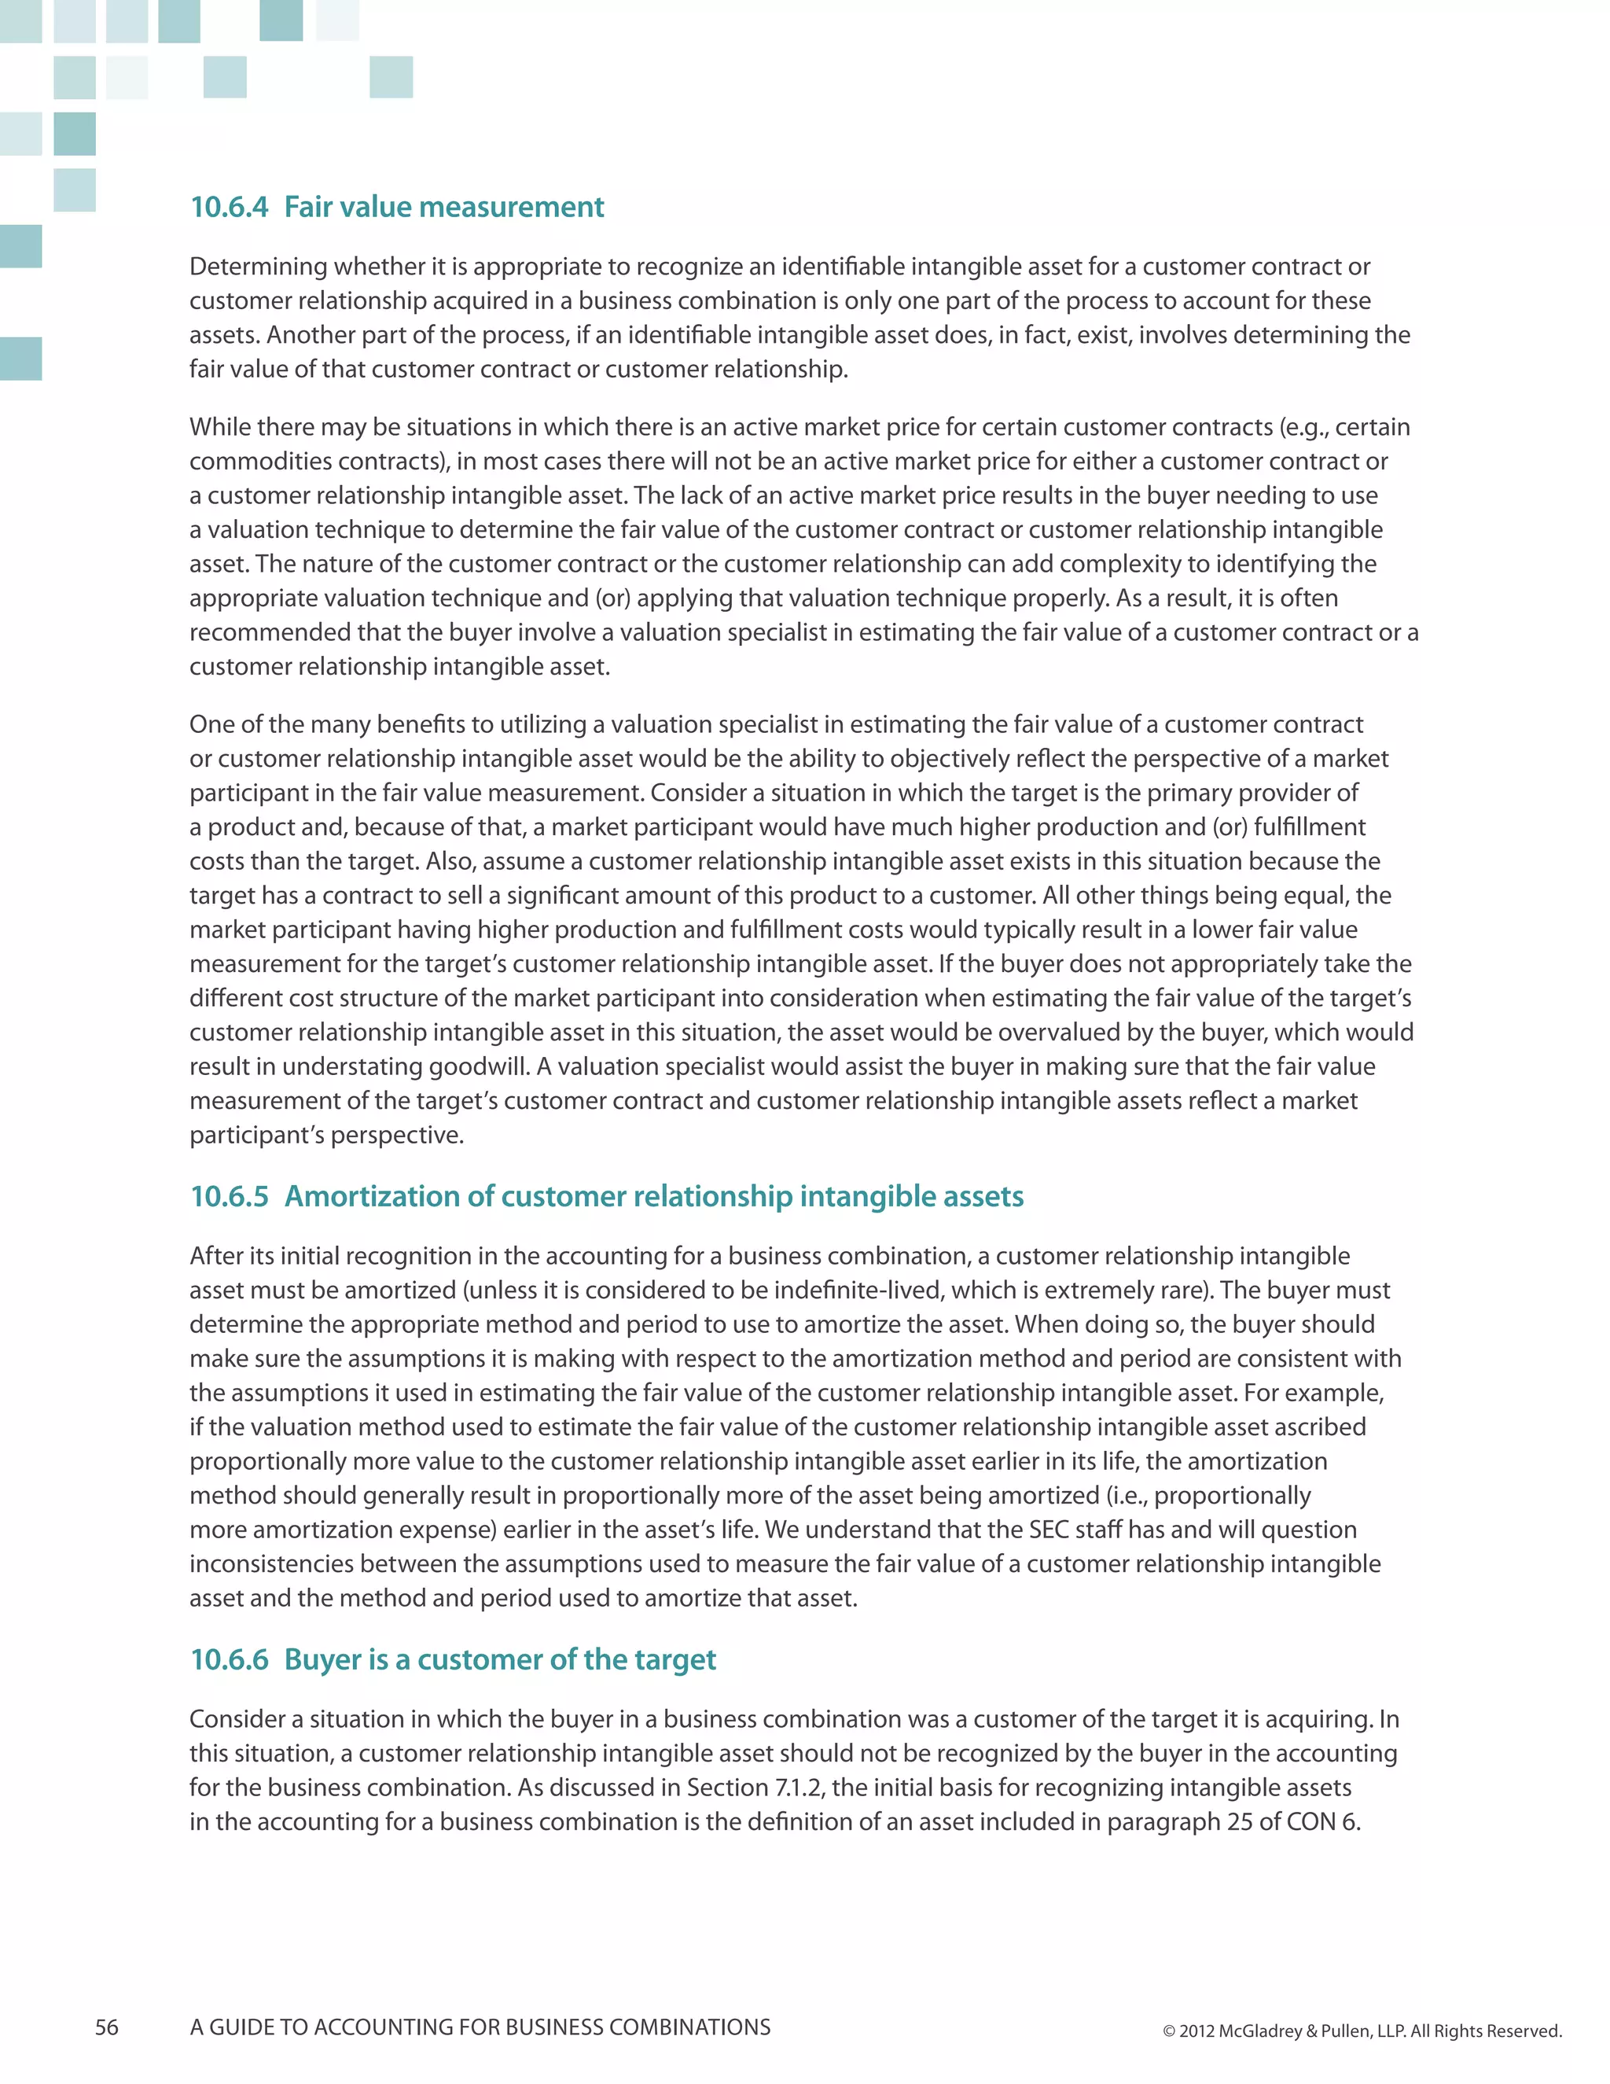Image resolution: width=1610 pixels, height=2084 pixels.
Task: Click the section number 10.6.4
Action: click(x=229, y=207)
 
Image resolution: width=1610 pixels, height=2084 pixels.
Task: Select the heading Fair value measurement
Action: click(x=443, y=207)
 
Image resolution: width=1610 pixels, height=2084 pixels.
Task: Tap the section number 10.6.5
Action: click(x=229, y=1197)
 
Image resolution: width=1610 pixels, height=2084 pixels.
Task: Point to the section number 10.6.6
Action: click(x=229, y=1659)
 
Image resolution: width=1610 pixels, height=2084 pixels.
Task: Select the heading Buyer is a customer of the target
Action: click(x=500, y=1659)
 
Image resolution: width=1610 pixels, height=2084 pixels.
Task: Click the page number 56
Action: click(x=107, y=2027)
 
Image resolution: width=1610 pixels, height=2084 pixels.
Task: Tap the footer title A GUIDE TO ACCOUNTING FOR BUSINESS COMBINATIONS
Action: click(x=480, y=2027)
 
